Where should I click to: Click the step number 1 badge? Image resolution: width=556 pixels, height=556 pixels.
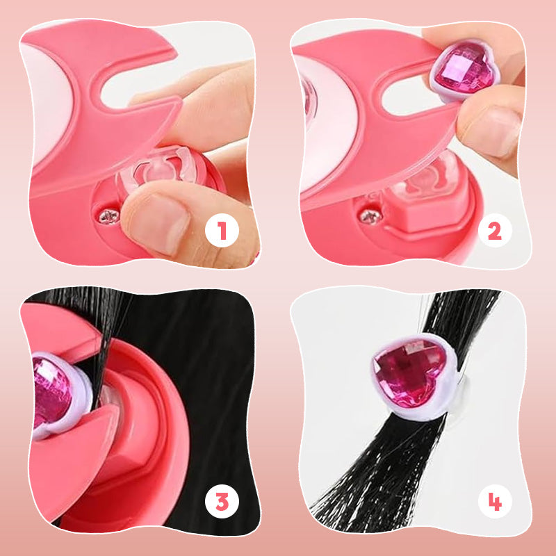tap(222, 231)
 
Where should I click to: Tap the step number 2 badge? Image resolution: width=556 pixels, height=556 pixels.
tap(495, 231)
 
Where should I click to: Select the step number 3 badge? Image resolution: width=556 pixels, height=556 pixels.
tap(222, 501)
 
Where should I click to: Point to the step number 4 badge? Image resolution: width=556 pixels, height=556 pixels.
tap(495, 501)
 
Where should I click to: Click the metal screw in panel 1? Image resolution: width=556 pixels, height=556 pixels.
tap(109, 216)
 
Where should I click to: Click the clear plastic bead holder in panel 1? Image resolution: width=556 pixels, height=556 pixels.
tap(161, 167)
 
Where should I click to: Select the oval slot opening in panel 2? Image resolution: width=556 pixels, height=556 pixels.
tap(408, 94)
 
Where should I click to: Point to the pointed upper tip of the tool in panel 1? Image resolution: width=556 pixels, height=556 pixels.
tap(177, 54)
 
